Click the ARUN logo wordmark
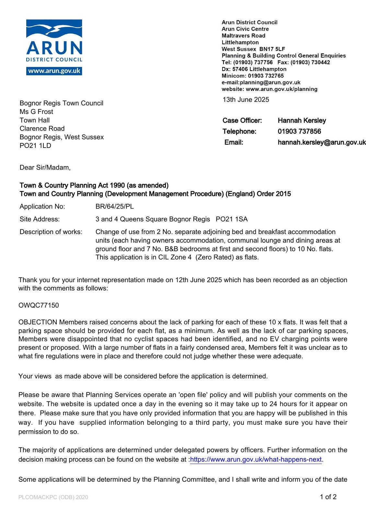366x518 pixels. click(x=54, y=48)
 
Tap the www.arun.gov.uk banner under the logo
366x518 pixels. click(x=54, y=71)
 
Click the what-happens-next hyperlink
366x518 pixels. click(x=256, y=459)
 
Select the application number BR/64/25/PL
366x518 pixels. click(x=114, y=207)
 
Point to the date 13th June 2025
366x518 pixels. click(x=246, y=100)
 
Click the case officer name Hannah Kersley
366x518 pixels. click(x=302, y=120)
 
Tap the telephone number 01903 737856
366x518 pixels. click(x=299, y=131)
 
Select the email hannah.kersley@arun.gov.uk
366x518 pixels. click(x=322, y=142)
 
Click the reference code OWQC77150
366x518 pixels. click(x=39, y=305)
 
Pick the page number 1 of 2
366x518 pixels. click(x=328, y=497)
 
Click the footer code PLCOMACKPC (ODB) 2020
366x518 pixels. click(x=53, y=497)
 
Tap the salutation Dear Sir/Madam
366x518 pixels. click(x=45, y=168)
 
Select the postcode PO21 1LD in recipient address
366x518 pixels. click(x=35, y=146)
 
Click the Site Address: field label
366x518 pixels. click(x=40, y=219)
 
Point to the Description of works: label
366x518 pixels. click(x=51, y=232)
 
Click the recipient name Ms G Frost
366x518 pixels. click(x=36, y=112)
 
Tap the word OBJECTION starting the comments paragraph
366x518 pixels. click(x=38, y=322)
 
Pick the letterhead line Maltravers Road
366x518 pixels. click(x=243, y=36)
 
